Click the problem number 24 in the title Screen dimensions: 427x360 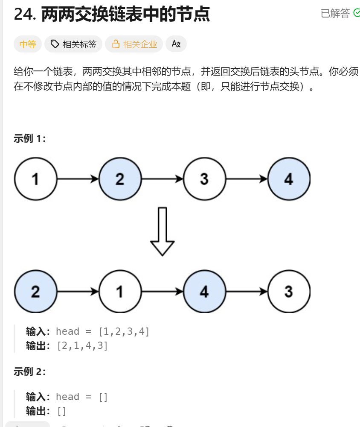tap(24, 15)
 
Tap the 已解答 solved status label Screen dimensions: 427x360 tap(335, 14)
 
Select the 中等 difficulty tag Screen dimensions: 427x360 tap(28, 44)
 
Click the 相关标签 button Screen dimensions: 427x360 tap(73, 44)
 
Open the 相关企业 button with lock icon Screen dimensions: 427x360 tap(134, 44)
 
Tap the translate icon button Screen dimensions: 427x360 tap(176, 44)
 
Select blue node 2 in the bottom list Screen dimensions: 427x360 tap(35, 292)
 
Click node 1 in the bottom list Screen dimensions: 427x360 tap(120, 292)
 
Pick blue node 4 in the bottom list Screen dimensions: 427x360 tap(204, 292)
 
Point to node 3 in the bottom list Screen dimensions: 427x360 tap(289, 292)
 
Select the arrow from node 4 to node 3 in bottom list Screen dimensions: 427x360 tap(247, 292)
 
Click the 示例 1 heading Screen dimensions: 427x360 tap(29, 138)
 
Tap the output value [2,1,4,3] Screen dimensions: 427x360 tap(82, 345)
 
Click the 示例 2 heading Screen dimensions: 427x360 tap(29, 371)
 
